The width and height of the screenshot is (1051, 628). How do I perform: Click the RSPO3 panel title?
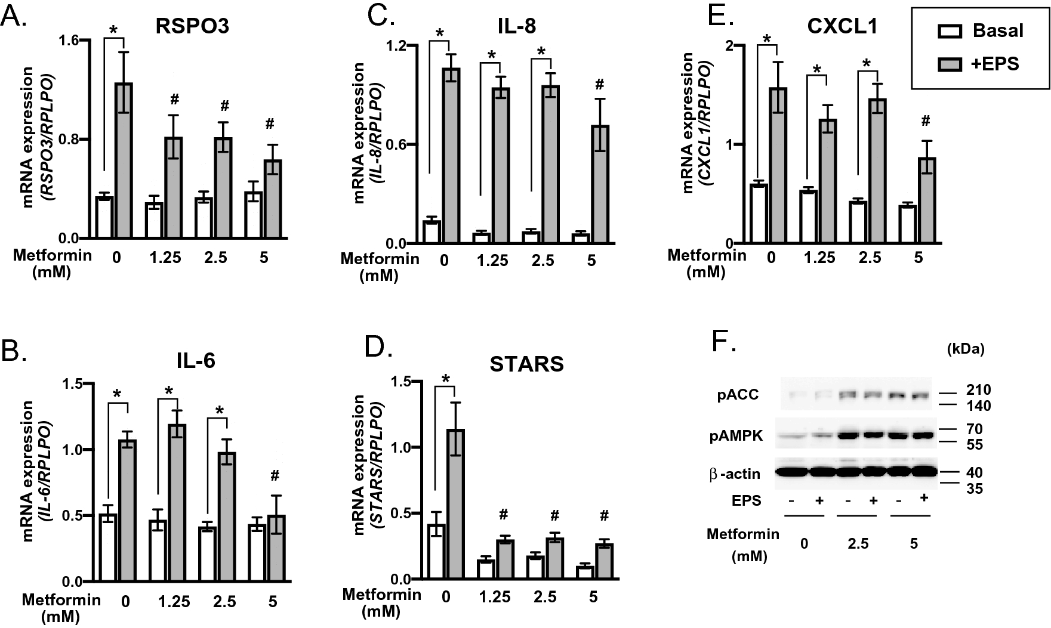click(193, 27)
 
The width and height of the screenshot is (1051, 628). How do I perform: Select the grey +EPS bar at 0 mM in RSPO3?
click(124, 161)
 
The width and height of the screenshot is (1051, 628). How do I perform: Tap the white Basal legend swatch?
click(949, 31)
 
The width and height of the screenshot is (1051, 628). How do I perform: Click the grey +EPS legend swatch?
click(949, 64)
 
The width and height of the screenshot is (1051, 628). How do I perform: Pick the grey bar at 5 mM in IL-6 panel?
click(276, 549)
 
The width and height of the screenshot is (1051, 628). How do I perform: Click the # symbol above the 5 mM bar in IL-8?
click(600, 85)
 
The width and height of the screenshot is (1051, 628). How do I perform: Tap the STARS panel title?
click(526, 364)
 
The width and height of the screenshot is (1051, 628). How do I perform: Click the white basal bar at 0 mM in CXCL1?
click(759, 214)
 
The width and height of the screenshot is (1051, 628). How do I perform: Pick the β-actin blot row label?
click(735, 474)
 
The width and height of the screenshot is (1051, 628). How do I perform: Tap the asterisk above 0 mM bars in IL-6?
click(118, 394)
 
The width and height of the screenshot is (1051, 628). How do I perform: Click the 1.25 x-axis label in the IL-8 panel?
click(492, 261)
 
